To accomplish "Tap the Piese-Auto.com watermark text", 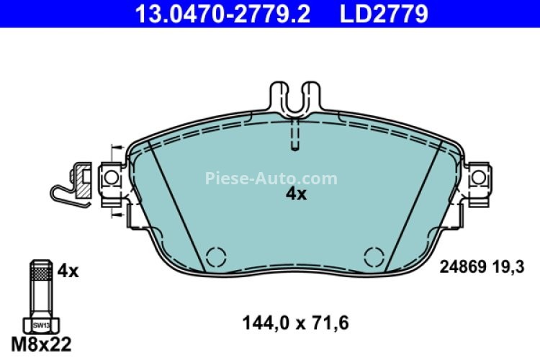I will pos(271,178).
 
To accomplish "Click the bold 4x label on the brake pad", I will pos(295,194).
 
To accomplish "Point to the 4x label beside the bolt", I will pos(67,271).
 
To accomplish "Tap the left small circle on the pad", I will pos(214,256).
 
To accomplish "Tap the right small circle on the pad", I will pos(373,256).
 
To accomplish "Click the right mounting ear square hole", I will pos(477,177).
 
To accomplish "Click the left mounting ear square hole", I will pos(109,177).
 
